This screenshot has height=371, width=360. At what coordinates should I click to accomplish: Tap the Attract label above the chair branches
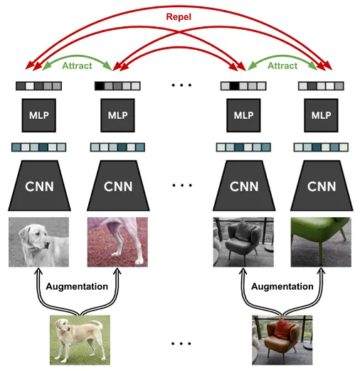(282, 65)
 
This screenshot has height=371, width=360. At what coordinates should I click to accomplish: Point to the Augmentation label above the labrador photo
(77, 286)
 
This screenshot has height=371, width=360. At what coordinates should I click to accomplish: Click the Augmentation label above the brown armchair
(282, 286)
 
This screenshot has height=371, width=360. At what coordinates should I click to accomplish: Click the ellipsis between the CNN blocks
(181, 186)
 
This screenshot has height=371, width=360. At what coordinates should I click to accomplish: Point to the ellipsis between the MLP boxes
(181, 86)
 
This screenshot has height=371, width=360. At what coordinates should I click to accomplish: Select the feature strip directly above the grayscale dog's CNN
(38, 147)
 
